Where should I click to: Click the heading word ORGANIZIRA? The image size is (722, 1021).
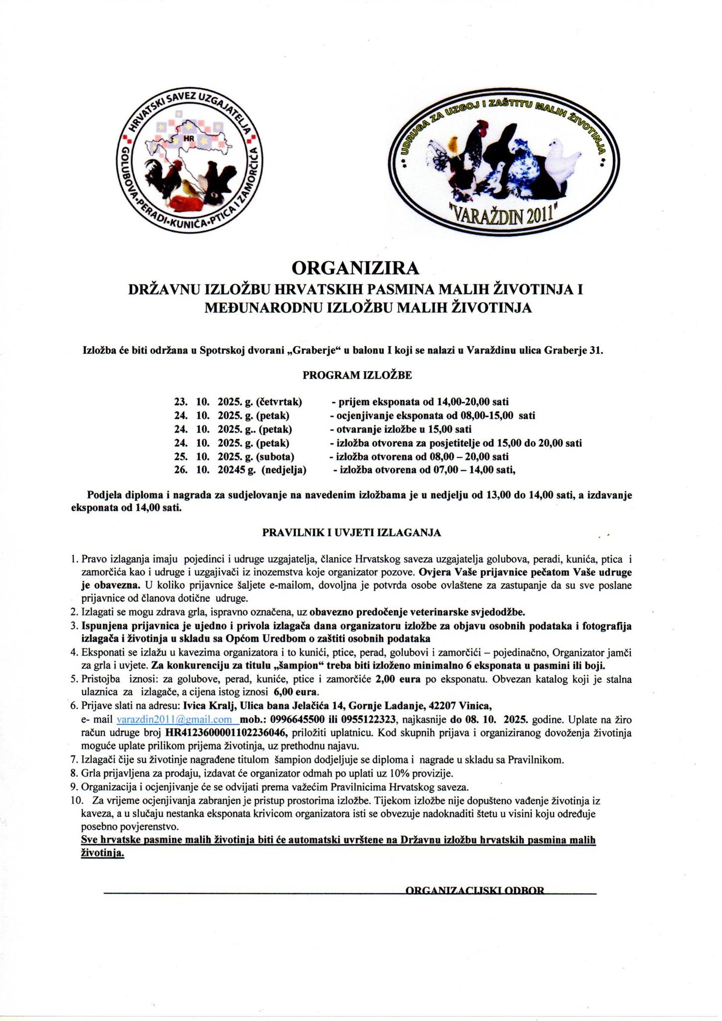tap(355, 268)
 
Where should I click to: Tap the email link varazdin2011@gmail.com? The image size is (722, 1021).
tap(174, 719)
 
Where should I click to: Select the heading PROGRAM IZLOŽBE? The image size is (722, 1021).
tap(357, 375)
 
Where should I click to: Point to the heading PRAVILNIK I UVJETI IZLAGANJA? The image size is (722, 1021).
tap(351, 532)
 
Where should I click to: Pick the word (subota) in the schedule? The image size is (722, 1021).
tap(276, 456)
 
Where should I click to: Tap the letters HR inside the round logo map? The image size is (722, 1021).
tap(189, 139)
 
